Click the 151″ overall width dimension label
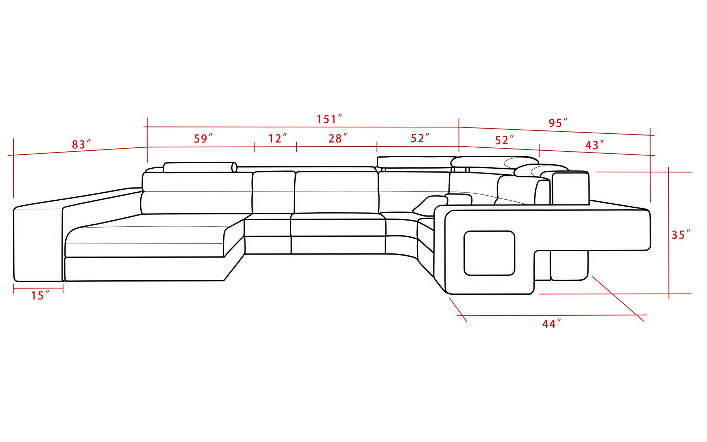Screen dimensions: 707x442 pos(329,119)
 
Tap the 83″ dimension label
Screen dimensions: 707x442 pos(81,144)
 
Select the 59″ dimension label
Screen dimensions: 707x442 pos(203,138)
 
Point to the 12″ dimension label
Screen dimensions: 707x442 pos(277,138)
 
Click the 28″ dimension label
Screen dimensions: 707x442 pos(338,138)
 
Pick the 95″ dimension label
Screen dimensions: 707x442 pos(558,123)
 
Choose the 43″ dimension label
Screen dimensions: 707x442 pos(594,145)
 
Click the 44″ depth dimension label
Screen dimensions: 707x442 pos(552,324)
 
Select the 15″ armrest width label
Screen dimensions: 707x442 pos(40,295)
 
